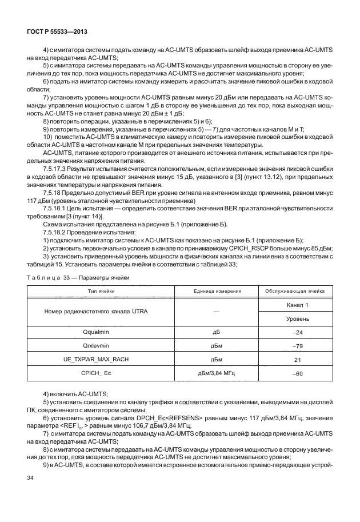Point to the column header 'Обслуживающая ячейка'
294,291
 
